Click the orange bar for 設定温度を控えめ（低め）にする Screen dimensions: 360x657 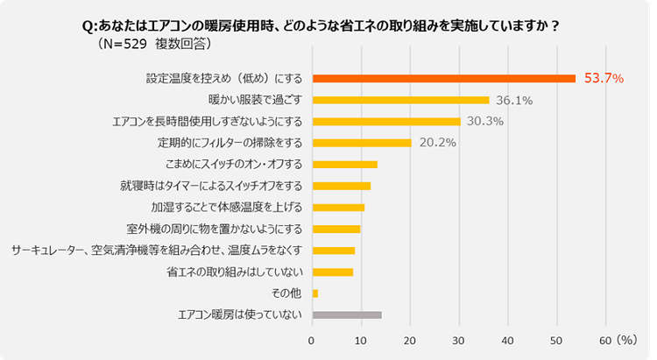(x=443, y=79)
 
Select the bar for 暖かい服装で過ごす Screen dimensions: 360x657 (x=400, y=100)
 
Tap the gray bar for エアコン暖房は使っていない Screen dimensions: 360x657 (x=347, y=314)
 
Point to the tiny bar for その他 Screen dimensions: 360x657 (x=315, y=293)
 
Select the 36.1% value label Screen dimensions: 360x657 (x=514, y=101)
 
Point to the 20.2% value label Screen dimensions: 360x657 (x=436, y=143)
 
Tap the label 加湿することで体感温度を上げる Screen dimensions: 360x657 (x=227, y=208)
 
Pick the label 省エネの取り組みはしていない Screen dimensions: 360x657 (x=235, y=272)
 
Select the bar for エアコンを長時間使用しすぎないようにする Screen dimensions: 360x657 (x=386, y=122)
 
